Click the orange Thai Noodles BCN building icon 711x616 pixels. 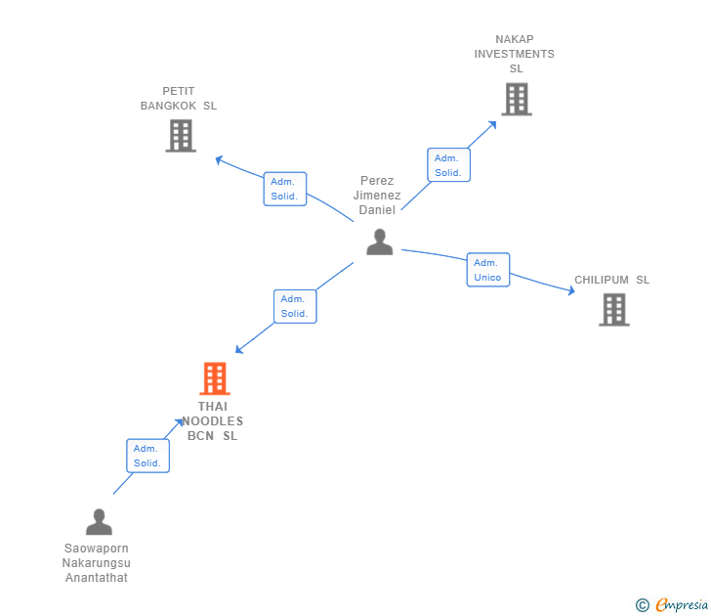tap(214, 378)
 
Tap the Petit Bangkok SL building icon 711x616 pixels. tap(181, 136)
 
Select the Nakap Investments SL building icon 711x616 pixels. tap(517, 99)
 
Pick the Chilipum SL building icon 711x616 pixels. tap(613, 309)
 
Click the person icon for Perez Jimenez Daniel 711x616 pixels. tap(379, 242)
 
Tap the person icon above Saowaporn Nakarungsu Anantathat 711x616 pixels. tap(99, 522)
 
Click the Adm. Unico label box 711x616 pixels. tap(487, 270)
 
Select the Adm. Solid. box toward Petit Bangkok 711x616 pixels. tap(285, 189)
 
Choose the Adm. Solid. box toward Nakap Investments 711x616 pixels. tap(448, 164)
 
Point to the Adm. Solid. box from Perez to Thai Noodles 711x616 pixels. tap(295, 306)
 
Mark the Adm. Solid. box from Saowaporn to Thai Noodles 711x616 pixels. tap(147, 456)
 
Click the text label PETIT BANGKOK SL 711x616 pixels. tap(179, 98)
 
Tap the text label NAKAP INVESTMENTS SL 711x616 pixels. tap(515, 54)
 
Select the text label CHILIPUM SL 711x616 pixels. tap(611, 280)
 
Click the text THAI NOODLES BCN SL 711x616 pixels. tap(215, 421)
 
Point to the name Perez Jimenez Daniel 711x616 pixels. tap(377, 196)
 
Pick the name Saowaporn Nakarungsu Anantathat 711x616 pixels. tap(97, 563)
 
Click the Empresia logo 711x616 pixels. tap(682, 605)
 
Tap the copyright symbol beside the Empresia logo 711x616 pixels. tap(642, 605)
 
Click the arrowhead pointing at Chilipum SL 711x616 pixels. tap(570, 290)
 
